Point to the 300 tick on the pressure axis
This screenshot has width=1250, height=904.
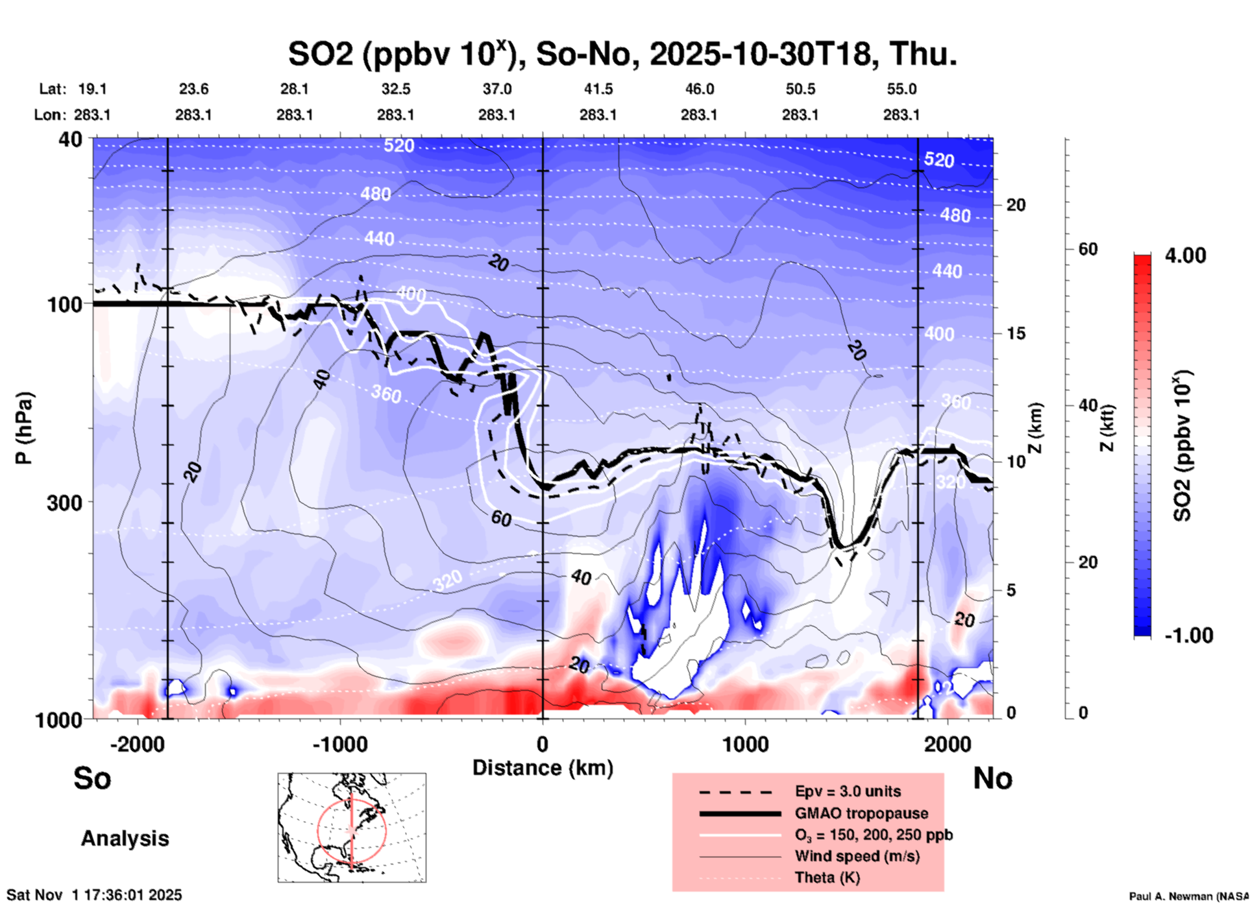65,503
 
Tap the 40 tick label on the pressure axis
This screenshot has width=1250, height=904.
71,139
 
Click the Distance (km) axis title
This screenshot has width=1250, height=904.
543,768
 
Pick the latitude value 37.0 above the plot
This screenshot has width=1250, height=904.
496,89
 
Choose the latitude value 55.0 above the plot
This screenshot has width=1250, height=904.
901,89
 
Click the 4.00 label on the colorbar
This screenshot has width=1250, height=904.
1185,256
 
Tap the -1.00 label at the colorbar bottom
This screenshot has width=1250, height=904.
1188,636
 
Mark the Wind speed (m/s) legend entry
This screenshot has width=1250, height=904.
857,857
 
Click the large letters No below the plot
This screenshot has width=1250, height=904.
992,779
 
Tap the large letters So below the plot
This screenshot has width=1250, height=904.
92,779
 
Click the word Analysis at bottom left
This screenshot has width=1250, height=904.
125,839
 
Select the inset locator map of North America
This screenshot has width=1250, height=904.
352,827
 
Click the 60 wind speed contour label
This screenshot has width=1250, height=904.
501,518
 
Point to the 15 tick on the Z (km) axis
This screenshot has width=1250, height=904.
1015,333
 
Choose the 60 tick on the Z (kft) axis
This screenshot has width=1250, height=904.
1088,250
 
